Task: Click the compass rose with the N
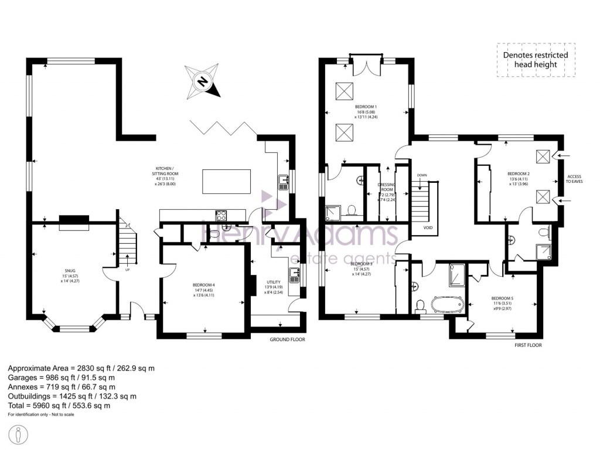(x=202, y=81)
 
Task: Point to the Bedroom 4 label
(x=204, y=290)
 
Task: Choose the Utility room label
(x=273, y=287)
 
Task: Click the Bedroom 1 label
(x=366, y=111)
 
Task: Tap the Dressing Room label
(x=387, y=190)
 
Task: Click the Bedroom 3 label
(x=357, y=268)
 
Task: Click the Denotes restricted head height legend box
(x=536, y=60)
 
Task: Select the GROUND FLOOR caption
(x=287, y=339)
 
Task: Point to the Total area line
(x=59, y=406)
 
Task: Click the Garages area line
(x=62, y=377)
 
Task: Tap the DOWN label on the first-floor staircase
(x=422, y=175)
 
